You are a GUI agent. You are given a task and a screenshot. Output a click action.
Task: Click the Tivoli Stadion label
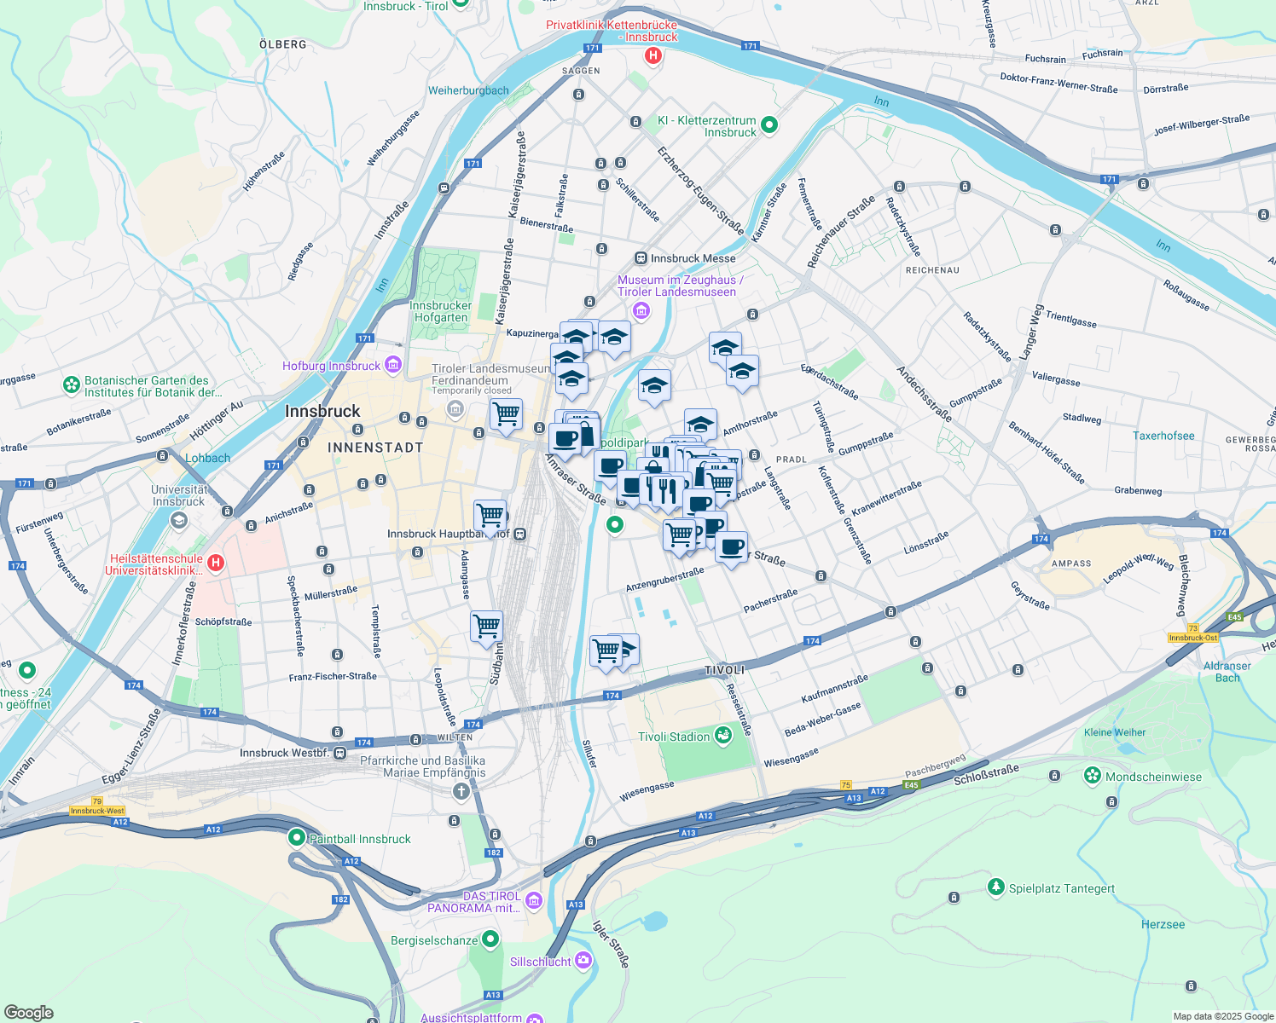click(x=674, y=737)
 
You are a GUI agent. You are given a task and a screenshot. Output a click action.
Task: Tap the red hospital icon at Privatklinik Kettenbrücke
click(x=653, y=56)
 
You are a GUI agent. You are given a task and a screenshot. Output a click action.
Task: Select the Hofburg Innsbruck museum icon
click(x=392, y=366)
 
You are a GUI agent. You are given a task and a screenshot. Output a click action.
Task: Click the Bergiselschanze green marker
click(x=490, y=940)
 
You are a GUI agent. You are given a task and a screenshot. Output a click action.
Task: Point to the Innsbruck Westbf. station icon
click(x=340, y=753)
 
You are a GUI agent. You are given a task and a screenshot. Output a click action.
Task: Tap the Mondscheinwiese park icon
click(x=1093, y=776)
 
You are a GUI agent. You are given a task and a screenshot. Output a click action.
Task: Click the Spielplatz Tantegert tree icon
click(x=995, y=887)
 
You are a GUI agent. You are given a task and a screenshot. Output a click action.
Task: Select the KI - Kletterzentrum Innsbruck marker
click(x=768, y=125)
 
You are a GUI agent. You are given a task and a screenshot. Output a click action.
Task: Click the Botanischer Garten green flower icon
click(x=72, y=386)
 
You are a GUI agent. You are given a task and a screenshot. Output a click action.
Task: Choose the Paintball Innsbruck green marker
click(x=296, y=838)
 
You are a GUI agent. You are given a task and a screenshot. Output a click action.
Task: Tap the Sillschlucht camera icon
click(x=583, y=961)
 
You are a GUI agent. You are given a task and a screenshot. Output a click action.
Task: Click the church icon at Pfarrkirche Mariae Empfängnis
click(x=461, y=792)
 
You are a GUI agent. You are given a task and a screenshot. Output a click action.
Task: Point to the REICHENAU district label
click(x=932, y=270)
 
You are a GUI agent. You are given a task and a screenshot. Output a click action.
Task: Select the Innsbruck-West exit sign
click(x=97, y=811)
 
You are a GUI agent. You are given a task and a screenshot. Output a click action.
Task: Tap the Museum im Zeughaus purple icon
click(x=641, y=310)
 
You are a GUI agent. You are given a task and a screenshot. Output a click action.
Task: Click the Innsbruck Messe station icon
click(x=641, y=258)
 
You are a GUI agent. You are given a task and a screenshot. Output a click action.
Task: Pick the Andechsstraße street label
click(x=924, y=394)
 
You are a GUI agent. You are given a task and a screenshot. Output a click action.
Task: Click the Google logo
click(x=28, y=1013)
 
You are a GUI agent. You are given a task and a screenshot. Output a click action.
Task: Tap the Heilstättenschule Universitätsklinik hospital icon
click(x=216, y=563)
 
